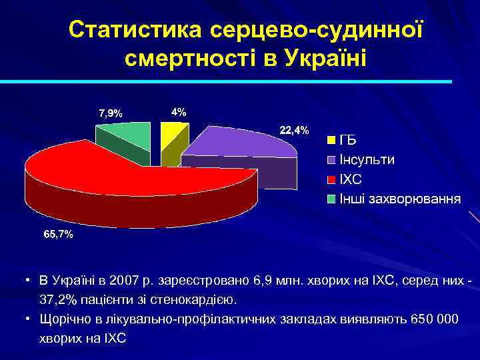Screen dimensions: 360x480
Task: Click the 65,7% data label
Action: pyautogui.click(x=59, y=235)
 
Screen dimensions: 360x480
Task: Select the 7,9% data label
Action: pyautogui.click(x=110, y=113)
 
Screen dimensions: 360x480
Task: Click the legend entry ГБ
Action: pyautogui.click(x=348, y=141)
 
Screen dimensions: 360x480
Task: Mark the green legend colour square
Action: pyautogui.click(x=331, y=199)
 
